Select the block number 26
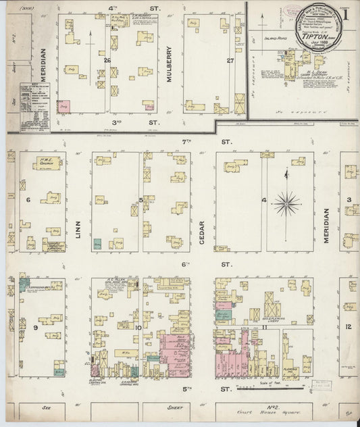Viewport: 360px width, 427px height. click(x=107, y=60)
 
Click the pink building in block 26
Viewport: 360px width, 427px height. click(x=63, y=106)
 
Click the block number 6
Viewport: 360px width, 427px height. click(x=28, y=200)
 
